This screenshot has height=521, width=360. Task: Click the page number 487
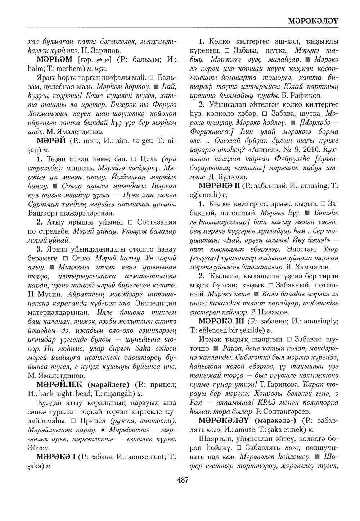tap(183, 480)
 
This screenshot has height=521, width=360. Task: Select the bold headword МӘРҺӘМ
tap(54, 59)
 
